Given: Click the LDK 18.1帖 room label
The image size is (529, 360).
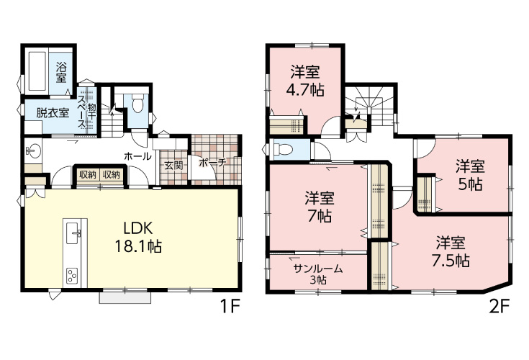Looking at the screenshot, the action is pyautogui.click(x=138, y=238).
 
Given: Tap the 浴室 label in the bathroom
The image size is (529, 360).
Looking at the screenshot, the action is pyautogui.click(x=61, y=72).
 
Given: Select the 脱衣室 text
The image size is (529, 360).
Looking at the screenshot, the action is pyautogui.click(x=53, y=113).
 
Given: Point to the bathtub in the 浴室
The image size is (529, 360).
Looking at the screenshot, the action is pyautogui.click(x=37, y=71).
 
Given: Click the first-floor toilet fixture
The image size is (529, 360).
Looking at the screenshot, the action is pyautogui.click(x=137, y=104).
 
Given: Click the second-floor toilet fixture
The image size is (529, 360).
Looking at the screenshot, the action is pyautogui.click(x=283, y=148).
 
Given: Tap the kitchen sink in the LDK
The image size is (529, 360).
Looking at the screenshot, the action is pyautogui.click(x=73, y=233).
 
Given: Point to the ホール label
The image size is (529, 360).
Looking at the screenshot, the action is pyautogui.click(x=137, y=156).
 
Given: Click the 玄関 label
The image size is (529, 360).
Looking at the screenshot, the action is pyautogui.click(x=173, y=166).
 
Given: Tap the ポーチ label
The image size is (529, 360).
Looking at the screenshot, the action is pyautogui.click(x=212, y=163).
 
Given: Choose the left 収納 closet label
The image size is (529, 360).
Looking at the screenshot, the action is pyautogui.click(x=88, y=174).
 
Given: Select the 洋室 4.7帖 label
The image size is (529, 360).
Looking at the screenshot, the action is pyautogui.click(x=305, y=81).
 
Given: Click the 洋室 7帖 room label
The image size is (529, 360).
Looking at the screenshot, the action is pyautogui.click(x=319, y=207).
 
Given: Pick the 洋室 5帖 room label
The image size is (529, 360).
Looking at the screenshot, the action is pyautogui.click(x=470, y=175).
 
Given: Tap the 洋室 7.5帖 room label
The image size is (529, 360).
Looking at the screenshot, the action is pyautogui.click(x=451, y=252).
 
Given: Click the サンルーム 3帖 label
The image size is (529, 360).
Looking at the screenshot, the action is pyautogui.click(x=318, y=274).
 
